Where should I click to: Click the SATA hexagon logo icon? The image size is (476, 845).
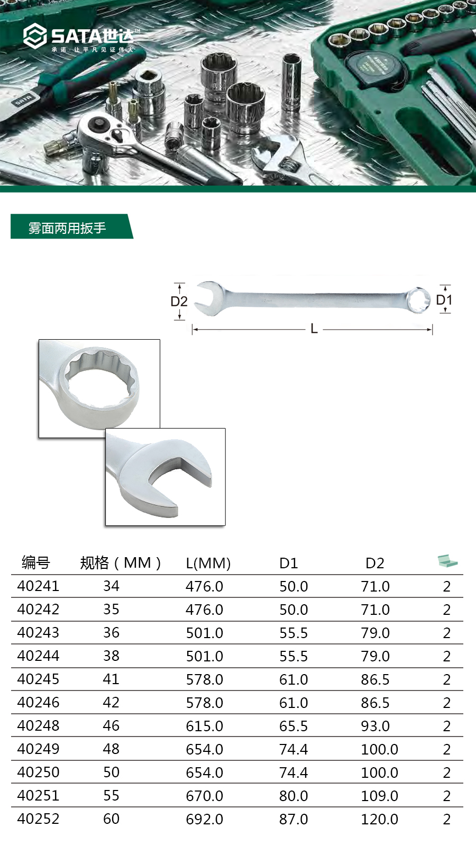click(x=35, y=36)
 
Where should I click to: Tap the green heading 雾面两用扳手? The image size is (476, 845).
click(x=67, y=228)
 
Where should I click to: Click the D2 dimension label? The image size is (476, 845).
click(x=179, y=302)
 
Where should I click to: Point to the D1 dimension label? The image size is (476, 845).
click(x=444, y=300)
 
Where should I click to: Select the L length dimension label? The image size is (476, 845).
click(x=314, y=329)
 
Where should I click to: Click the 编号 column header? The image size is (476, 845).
click(x=36, y=562)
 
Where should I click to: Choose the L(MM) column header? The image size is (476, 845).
click(x=208, y=563)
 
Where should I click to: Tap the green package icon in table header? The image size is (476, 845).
click(x=447, y=561)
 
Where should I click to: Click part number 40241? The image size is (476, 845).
click(x=38, y=586)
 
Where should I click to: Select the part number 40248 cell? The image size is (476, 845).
click(x=38, y=726)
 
